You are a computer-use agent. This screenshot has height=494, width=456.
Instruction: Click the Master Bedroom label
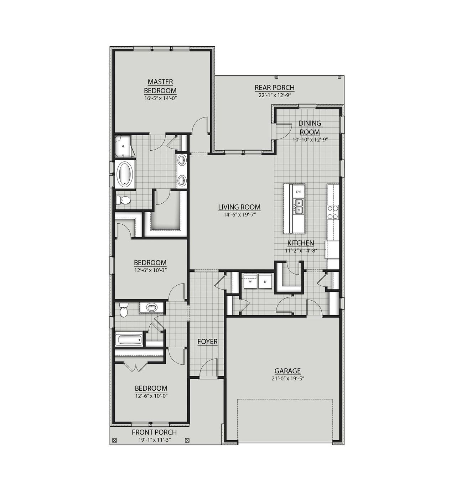click(160, 86)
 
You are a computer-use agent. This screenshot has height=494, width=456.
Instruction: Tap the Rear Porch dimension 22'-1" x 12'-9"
click(274, 95)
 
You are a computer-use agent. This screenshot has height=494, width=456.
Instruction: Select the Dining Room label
click(310, 128)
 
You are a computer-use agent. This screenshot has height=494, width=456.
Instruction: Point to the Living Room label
click(239, 207)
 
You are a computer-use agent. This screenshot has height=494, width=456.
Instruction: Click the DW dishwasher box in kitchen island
click(299, 192)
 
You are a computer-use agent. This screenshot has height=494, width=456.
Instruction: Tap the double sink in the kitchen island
click(299, 207)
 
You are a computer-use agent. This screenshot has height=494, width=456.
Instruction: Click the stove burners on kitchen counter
click(333, 212)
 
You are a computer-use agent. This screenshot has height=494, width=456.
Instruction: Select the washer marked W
click(250, 282)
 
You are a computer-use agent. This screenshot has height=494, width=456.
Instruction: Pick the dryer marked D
click(265, 282)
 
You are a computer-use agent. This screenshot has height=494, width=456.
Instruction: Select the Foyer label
click(207, 342)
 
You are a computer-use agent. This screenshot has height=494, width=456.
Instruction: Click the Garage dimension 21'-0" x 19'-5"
click(287, 379)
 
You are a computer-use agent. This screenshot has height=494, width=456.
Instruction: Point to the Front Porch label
click(154, 432)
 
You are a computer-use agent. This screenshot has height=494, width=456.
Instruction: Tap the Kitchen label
click(301, 243)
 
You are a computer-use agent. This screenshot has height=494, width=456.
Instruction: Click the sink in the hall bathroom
click(152, 307)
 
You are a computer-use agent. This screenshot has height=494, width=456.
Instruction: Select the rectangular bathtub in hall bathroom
click(129, 339)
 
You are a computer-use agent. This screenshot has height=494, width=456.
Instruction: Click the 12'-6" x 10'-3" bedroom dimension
click(150, 270)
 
